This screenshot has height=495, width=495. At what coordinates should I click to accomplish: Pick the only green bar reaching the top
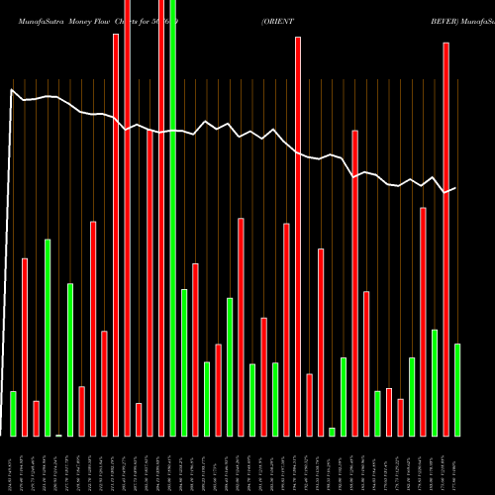173,218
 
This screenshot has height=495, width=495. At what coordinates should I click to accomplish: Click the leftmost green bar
13,413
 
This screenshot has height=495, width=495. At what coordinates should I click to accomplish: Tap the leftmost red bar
25,346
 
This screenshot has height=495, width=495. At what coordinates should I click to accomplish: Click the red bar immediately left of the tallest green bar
162,218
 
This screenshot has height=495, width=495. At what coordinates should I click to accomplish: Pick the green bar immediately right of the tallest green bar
184,362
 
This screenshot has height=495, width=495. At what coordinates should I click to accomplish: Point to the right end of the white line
455,188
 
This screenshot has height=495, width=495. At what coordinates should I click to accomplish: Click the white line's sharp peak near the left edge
12,90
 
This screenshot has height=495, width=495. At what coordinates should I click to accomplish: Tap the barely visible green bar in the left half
58,435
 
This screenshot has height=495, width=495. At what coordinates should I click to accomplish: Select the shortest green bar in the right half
332,432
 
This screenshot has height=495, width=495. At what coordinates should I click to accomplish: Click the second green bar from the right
435,382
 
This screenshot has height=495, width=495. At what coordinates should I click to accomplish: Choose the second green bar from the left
47,338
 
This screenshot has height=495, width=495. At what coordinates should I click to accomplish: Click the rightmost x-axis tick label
456,465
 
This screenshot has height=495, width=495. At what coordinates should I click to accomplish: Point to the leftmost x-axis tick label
13,465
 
